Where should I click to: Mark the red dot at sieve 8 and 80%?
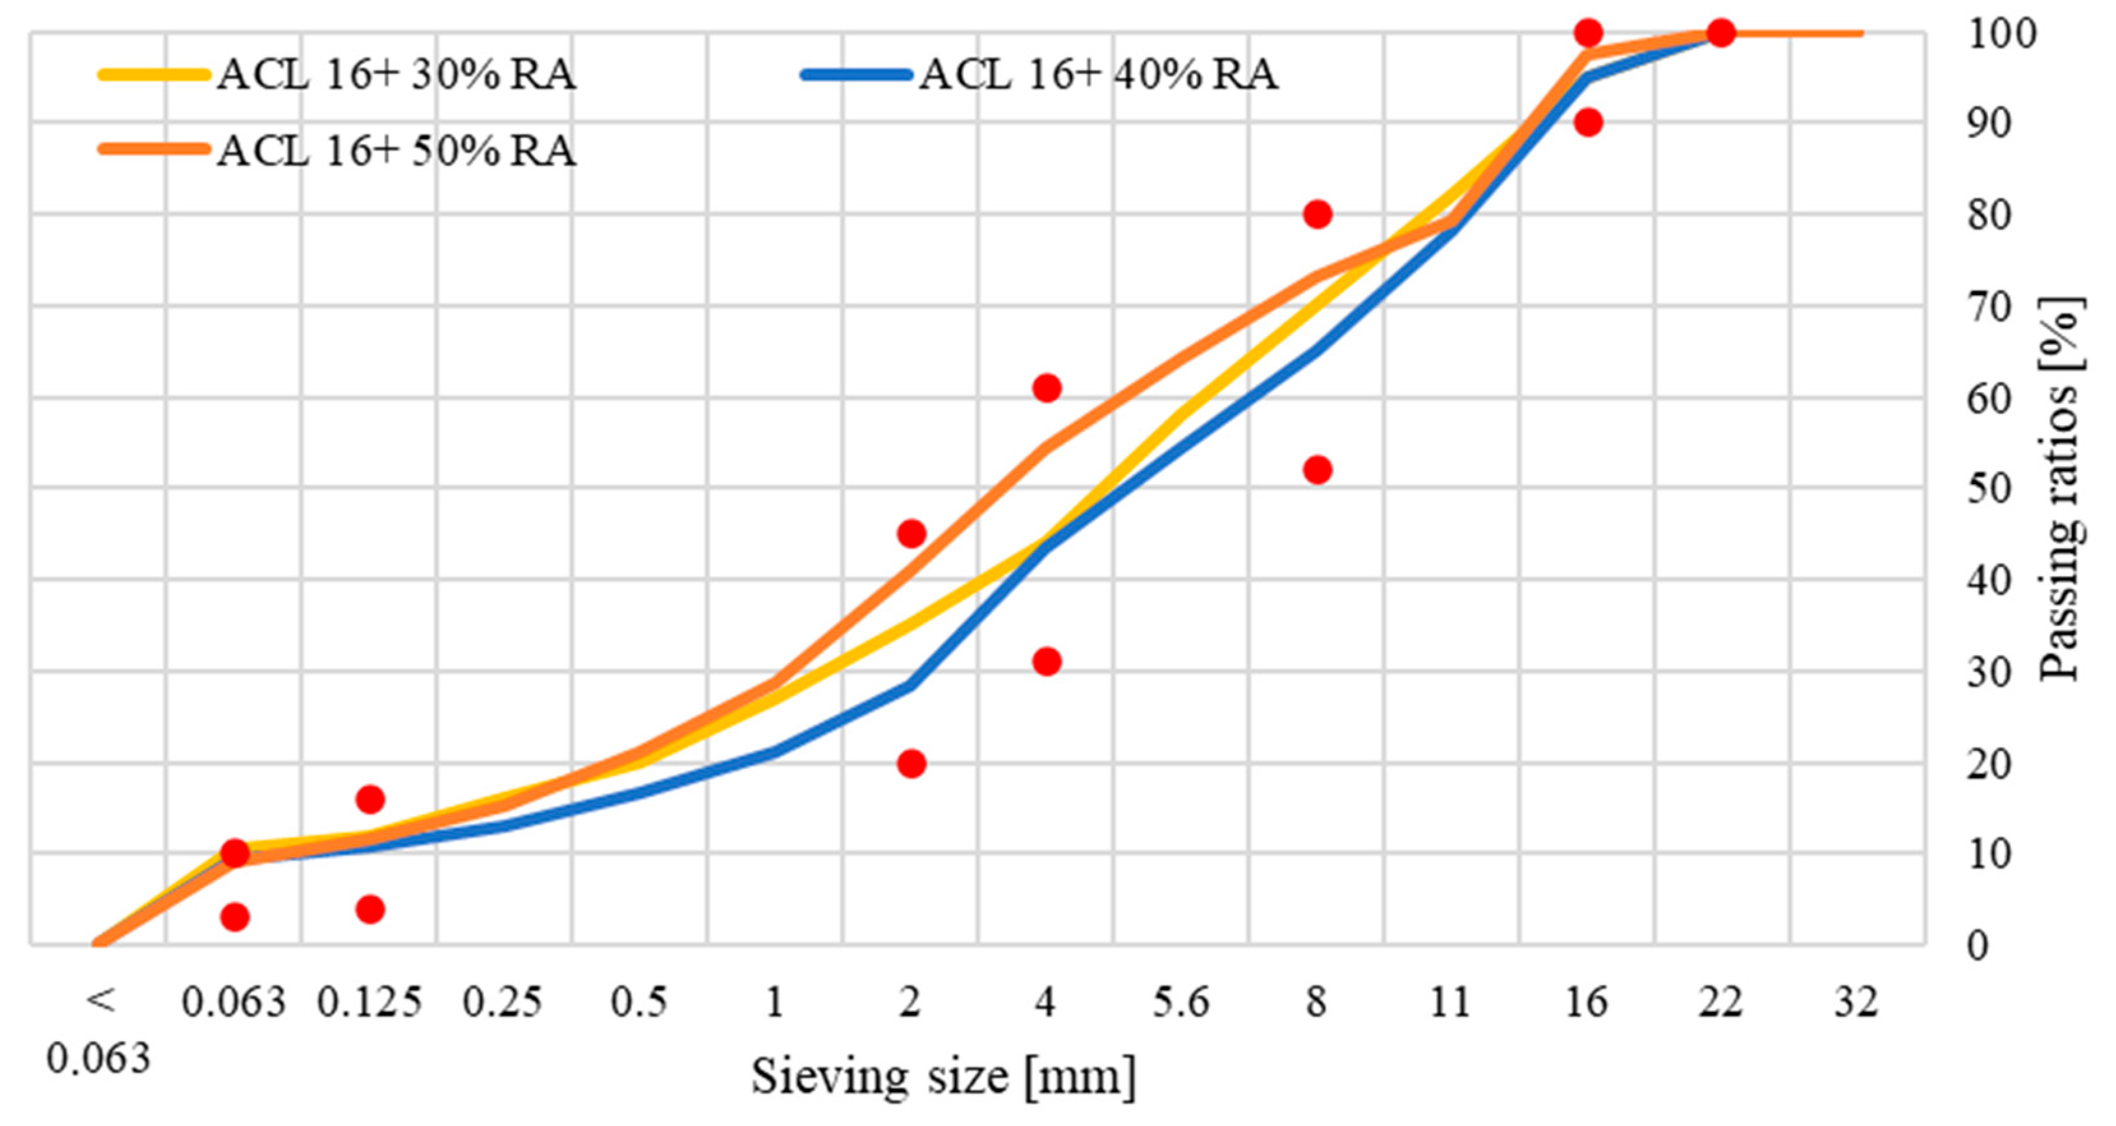point(1317,215)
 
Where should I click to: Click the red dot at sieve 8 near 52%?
point(1317,470)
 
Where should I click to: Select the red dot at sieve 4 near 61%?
point(1046,388)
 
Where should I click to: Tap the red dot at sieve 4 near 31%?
point(1046,661)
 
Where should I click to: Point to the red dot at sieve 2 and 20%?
point(911,763)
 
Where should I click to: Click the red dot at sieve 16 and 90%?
point(1588,123)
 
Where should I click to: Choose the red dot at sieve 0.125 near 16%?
point(370,799)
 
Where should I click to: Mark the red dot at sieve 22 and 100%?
point(1721,34)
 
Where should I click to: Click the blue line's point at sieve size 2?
point(910,685)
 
